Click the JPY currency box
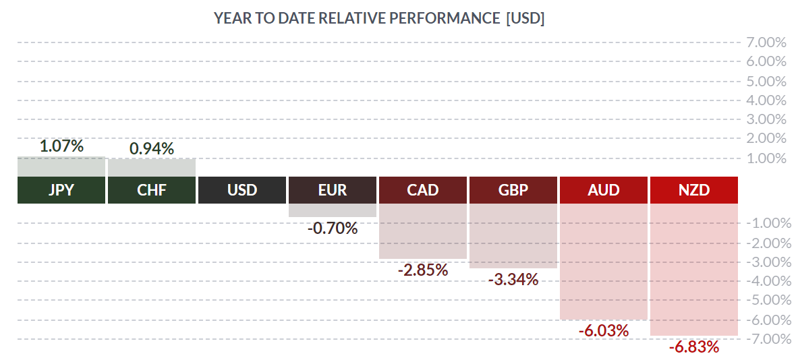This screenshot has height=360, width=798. (61, 190)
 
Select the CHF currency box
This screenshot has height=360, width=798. (152, 190)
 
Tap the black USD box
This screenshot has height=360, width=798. (242, 190)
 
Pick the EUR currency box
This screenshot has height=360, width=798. (333, 190)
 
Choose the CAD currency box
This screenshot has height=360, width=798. (423, 190)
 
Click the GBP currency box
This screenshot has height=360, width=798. (513, 190)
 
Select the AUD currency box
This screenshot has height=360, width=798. (604, 190)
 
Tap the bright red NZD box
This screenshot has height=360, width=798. (694, 190)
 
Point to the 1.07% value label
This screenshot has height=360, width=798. (61, 146)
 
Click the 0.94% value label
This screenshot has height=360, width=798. (152, 148)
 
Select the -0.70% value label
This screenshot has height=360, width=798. (333, 229)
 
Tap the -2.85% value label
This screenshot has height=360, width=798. (423, 270)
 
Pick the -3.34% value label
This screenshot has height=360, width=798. (513, 279)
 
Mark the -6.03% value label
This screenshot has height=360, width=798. (604, 331)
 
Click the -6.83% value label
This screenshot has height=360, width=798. (694, 347)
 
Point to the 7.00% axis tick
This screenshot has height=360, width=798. (766, 42)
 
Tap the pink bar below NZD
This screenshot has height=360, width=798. (694, 269)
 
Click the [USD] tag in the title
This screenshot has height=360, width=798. (525, 18)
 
